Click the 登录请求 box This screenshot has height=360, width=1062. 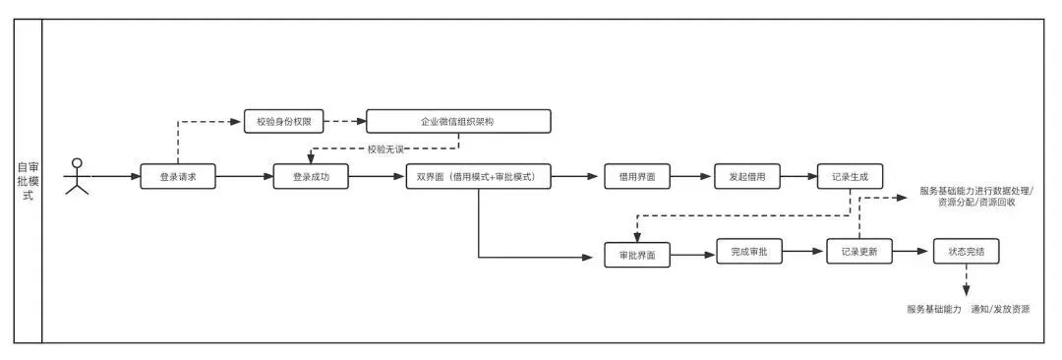pyautogui.click(x=178, y=177)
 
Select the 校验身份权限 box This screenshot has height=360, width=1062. pyautogui.click(x=284, y=123)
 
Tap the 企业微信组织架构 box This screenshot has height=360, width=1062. pyautogui.click(x=458, y=121)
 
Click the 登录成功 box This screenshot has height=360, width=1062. pyautogui.click(x=311, y=177)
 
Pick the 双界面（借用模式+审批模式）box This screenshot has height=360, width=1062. pyautogui.click(x=479, y=177)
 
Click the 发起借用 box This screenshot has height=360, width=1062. pyautogui.click(x=747, y=176)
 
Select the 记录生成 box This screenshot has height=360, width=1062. pyautogui.click(x=850, y=176)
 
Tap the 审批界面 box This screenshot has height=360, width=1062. pyautogui.click(x=636, y=255)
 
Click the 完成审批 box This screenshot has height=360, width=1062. pyautogui.click(x=749, y=251)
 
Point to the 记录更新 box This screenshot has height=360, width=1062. pyautogui.click(x=859, y=251)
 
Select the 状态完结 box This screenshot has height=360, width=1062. pyautogui.click(x=967, y=251)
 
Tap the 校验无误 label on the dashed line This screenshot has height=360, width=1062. pyautogui.click(x=384, y=149)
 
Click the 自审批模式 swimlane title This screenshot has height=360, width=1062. pyautogui.click(x=28, y=182)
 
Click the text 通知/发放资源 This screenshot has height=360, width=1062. pyautogui.click(x=1000, y=309)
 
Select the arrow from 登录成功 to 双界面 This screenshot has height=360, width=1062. pyautogui.click(x=378, y=177)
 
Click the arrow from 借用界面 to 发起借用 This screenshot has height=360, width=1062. pyautogui.click(x=691, y=176)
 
